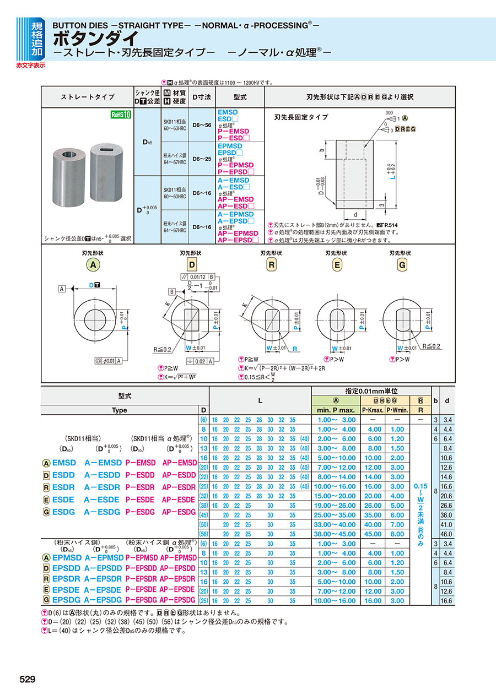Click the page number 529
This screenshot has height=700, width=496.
pyautogui.click(x=28, y=680)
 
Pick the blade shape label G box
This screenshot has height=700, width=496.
pyautogui.click(x=402, y=265)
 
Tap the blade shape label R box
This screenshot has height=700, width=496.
pyautogui.click(x=272, y=265)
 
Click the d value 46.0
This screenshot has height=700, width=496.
pyautogui.click(x=446, y=534)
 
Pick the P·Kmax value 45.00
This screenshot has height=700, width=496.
pyautogui.click(x=374, y=534)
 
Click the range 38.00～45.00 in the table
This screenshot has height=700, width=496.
pyautogui.click(x=337, y=534)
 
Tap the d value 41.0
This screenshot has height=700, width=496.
pyautogui.click(x=446, y=525)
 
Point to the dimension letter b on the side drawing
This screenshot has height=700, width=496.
pyautogui.click(x=321, y=149)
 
